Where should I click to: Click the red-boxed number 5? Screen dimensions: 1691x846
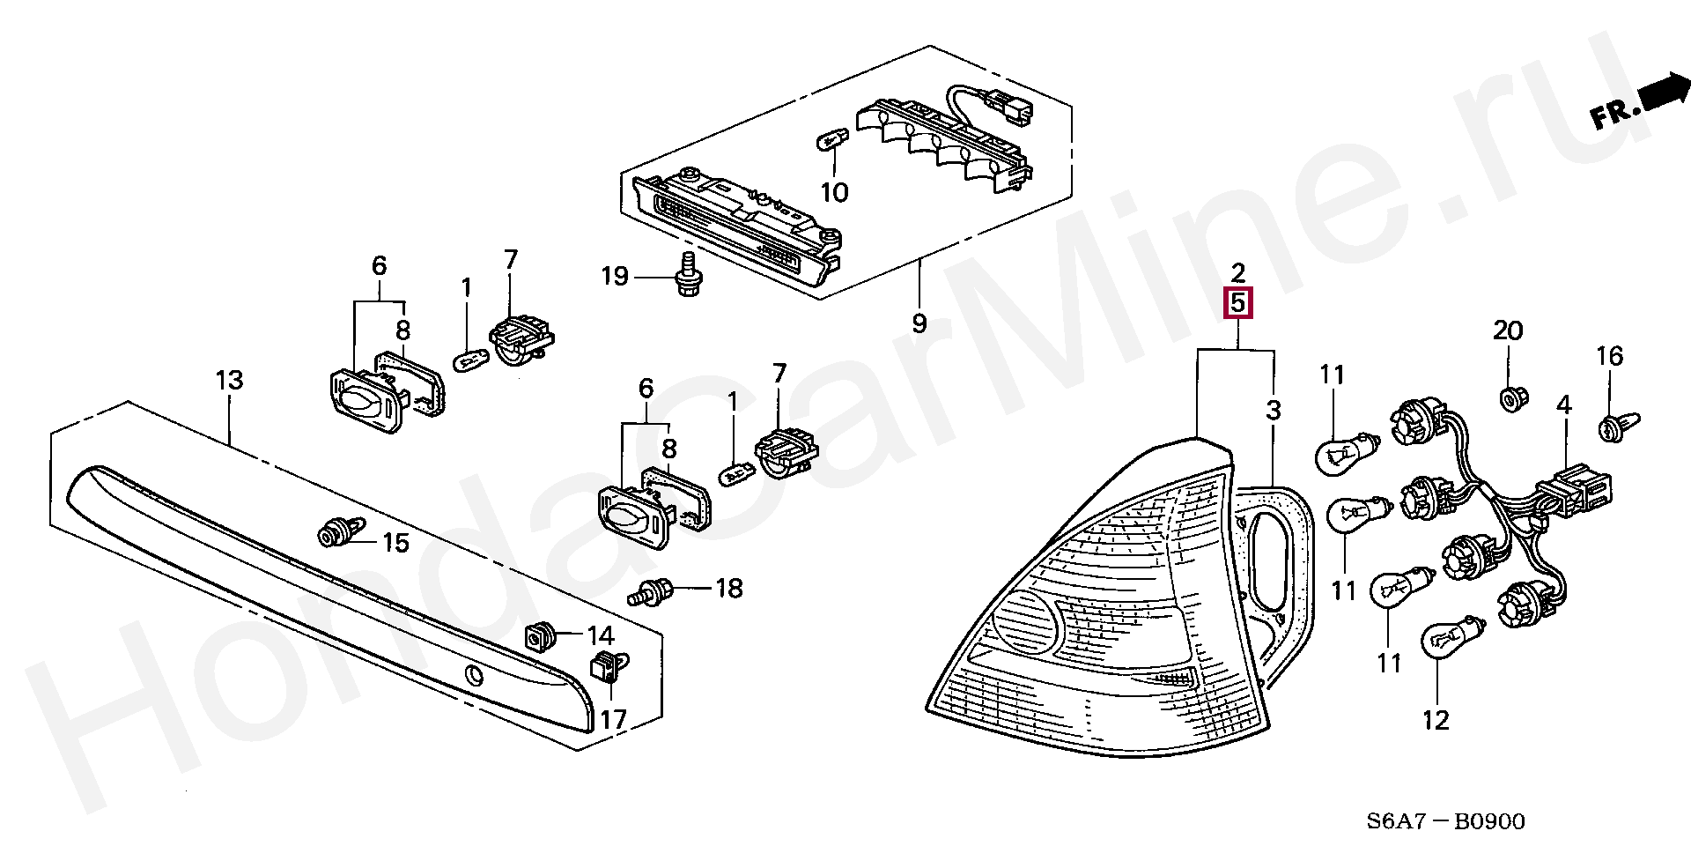(x=1237, y=303)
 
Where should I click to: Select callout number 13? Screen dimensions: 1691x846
(x=229, y=381)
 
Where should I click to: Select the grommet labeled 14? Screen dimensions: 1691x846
(x=540, y=635)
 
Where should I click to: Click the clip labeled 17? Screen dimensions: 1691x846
(x=608, y=666)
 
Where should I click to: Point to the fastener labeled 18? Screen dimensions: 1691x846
(x=652, y=590)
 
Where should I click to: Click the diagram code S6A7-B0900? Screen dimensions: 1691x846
(x=1445, y=821)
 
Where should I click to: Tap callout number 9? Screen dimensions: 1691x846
(x=919, y=323)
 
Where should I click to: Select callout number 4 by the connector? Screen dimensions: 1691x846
(x=1563, y=406)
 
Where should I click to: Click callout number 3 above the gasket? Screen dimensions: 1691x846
(x=1273, y=410)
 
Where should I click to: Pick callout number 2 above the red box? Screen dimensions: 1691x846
(x=1237, y=271)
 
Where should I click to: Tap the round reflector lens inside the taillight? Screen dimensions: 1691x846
(x=1025, y=621)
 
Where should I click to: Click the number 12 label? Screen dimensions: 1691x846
(x=1435, y=720)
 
